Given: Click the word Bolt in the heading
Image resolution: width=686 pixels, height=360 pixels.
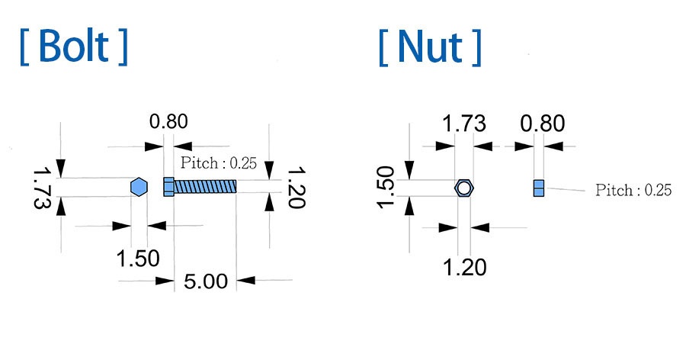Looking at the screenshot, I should pyautogui.click(x=74, y=47).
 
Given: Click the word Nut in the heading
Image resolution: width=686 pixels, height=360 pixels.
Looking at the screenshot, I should pyautogui.click(x=430, y=47).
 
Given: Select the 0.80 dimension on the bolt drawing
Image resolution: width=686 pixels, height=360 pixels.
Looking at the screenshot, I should pyautogui.click(x=168, y=121).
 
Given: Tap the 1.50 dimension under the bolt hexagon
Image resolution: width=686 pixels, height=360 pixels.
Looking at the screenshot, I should pyautogui.click(x=138, y=258).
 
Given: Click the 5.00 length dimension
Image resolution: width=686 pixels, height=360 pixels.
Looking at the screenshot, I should pyautogui.click(x=206, y=281).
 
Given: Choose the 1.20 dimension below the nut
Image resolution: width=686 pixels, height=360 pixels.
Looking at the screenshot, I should pyautogui.click(x=464, y=267).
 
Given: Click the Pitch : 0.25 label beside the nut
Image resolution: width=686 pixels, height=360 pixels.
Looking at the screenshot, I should pyautogui.click(x=633, y=191).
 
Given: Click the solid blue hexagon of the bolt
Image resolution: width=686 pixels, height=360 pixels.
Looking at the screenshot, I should pyautogui.click(x=138, y=187).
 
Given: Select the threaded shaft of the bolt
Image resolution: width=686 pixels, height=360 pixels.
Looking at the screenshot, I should pyautogui.click(x=205, y=186).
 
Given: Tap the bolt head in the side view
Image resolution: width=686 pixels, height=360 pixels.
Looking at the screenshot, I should pyautogui.click(x=168, y=186).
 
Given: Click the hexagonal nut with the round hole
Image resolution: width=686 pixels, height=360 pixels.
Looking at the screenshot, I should pyautogui.click(x=464, y=188).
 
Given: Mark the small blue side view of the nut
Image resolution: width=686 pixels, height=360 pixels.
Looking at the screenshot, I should pyautogui.click(x=539, y=188).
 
